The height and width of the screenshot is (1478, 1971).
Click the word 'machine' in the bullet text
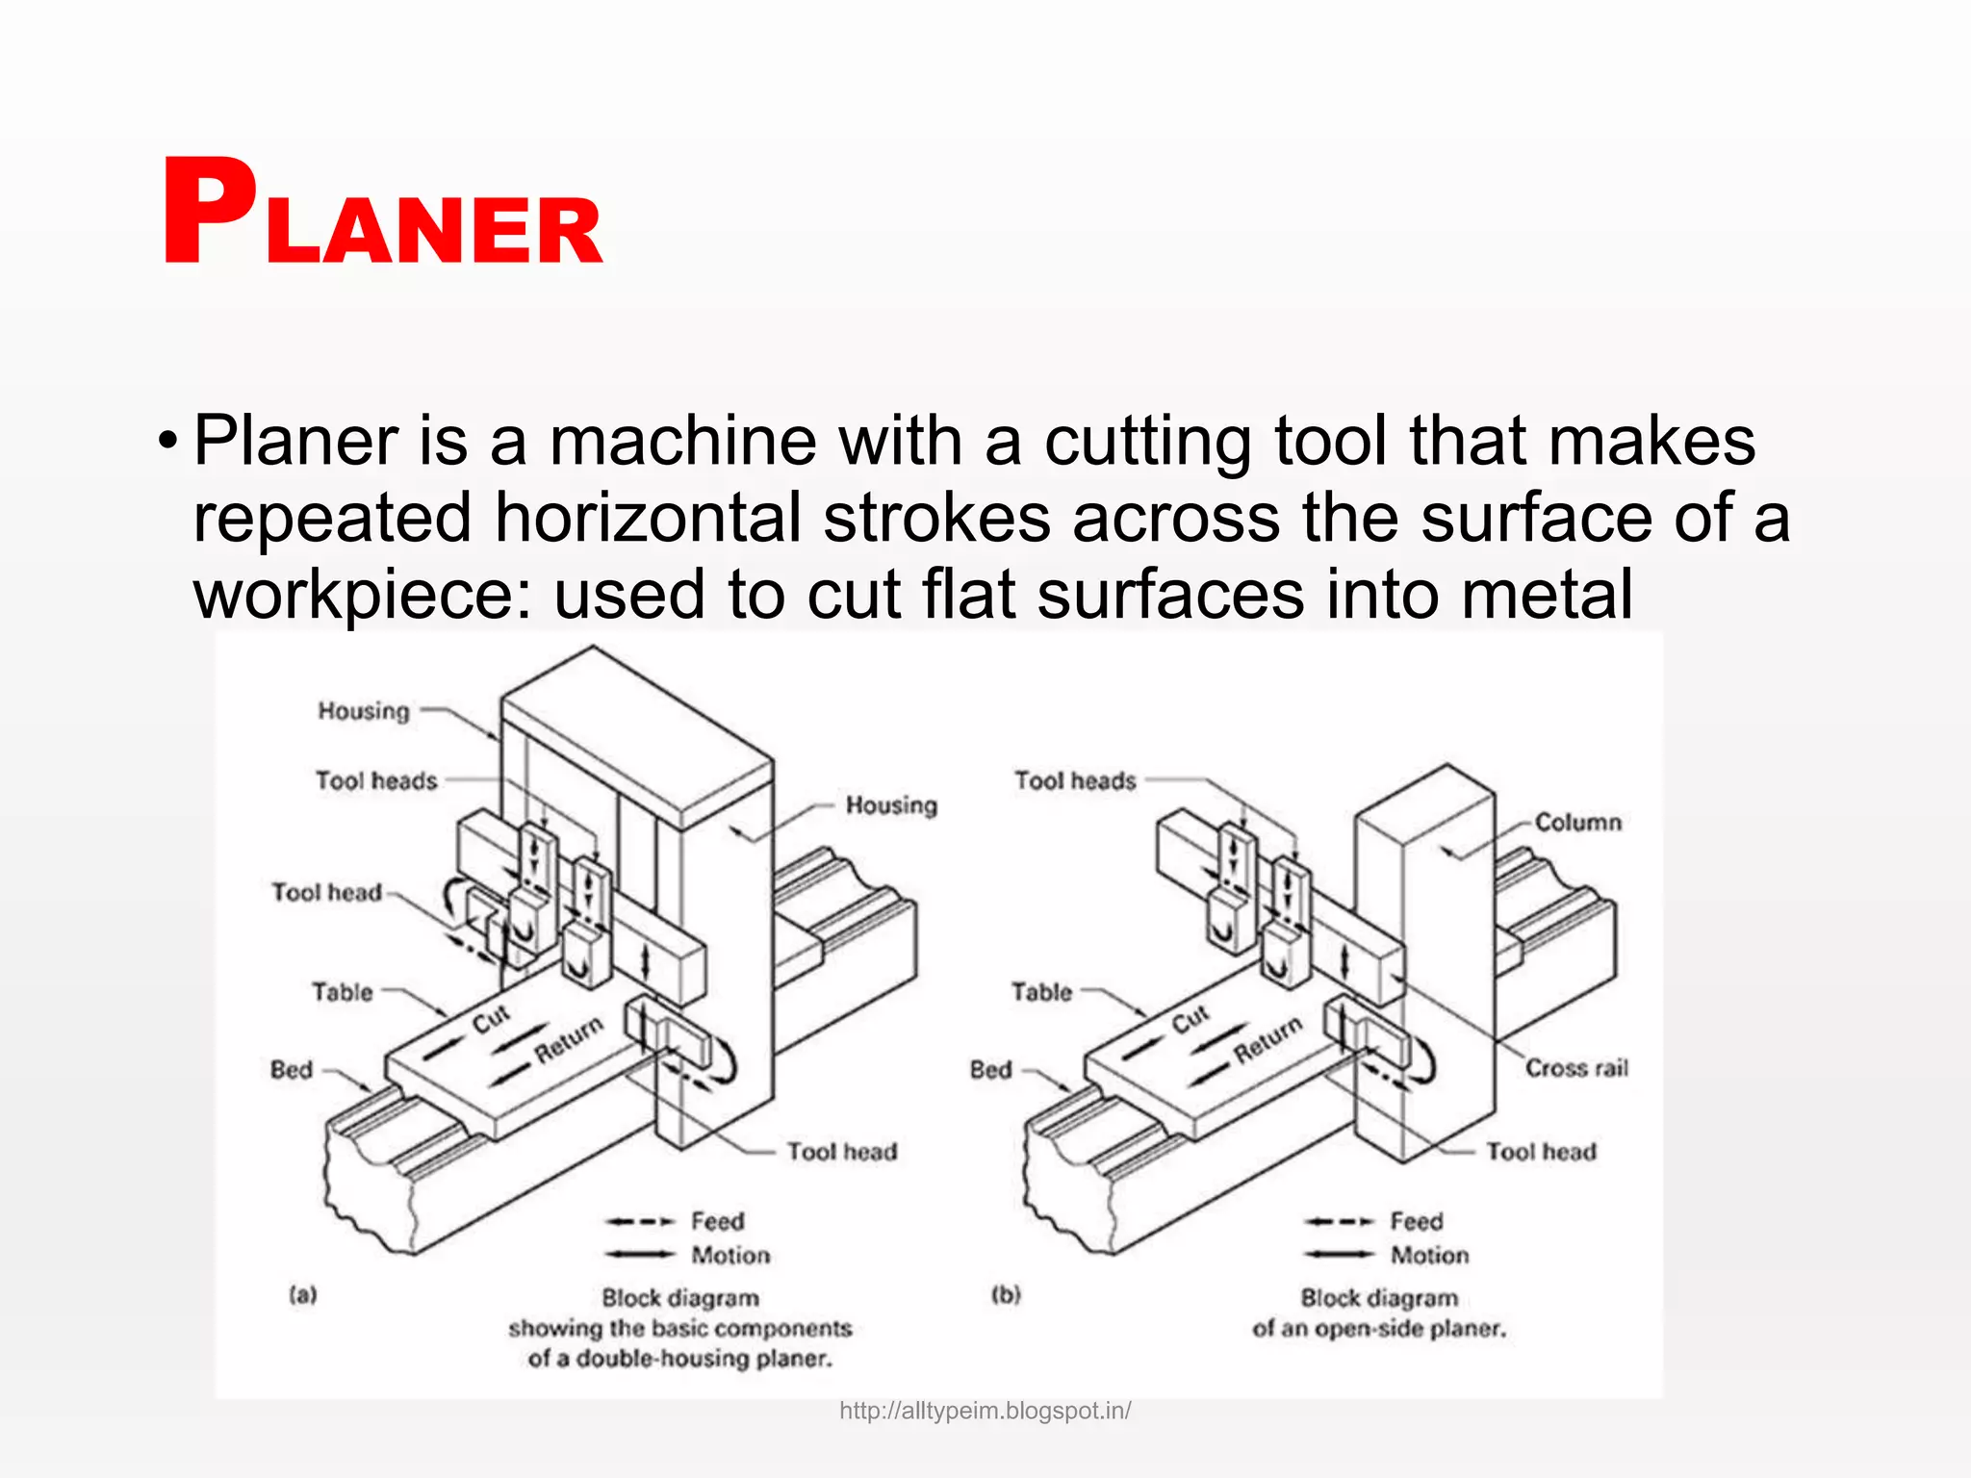tap(682, 442)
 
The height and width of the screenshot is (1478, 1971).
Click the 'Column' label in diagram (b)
tap(1577, 823)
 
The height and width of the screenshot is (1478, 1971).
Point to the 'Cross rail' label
tap(1576, 1068)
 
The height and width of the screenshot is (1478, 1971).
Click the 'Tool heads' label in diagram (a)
tap(376, 780)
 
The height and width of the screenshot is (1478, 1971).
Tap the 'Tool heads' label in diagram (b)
tap(1075, 780)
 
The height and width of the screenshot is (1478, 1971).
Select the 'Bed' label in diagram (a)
tap(292, 1070)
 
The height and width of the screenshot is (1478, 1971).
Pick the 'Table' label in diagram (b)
tap(1041, 992)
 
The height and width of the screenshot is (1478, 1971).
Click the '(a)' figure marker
tap(303, 1295)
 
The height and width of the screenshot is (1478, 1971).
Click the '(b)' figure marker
tap(1006, 1295)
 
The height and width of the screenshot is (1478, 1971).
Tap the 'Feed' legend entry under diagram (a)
tap(717, 1221)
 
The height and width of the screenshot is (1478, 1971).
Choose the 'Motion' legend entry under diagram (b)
tap(1429, 1256)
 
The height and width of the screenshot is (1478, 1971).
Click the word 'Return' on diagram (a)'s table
tap(569, 1039)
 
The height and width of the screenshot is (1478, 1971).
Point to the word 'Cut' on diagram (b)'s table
tap(1190, 1019)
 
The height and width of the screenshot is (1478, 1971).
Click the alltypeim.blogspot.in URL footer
tap(985, 1411)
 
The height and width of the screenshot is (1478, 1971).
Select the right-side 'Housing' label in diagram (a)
tap(891, 805)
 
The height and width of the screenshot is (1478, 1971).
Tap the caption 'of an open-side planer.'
tap(1379, 1329)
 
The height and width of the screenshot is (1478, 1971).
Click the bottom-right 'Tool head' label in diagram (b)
tap(1541, 1152)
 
